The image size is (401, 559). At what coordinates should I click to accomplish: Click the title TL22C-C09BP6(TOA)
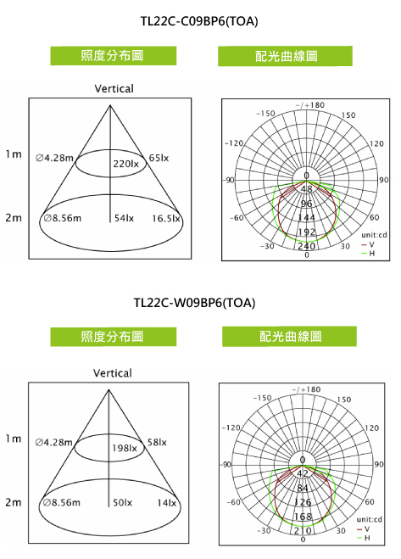(x=199, y=22)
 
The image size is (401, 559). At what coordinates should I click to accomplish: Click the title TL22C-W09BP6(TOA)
(x=195, y=303)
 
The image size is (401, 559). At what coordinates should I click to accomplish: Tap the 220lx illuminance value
(x=125, y=164)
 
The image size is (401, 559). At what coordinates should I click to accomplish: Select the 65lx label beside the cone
(x=159, y=158)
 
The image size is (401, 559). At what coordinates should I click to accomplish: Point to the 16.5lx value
(x=166, y=218)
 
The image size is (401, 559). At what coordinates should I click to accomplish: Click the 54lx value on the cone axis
(x=124, y=218)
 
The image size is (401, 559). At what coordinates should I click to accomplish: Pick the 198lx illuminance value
(x=125, y=448)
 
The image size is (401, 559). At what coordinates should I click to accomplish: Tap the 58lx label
(x=157, y=443)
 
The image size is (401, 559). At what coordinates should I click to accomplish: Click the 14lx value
(x=167, y=503)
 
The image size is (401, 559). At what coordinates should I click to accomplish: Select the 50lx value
(x=123, y=503)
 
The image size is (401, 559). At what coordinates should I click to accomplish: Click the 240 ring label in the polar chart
(x=307, y=246)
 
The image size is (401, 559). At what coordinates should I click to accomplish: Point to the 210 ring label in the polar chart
(x=303, y=530)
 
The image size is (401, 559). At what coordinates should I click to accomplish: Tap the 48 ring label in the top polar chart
(x=307, y=189)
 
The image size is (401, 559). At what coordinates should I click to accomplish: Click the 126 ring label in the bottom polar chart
(x=303, y=502)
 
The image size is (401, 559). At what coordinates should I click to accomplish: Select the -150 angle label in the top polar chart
(x=265, y=114)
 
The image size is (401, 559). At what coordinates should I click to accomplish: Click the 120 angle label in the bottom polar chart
(x=372, y=428)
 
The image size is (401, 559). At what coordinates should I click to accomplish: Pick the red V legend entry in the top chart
(x=367, y=244)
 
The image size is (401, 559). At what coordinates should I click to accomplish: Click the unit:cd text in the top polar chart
(x=374, y=235)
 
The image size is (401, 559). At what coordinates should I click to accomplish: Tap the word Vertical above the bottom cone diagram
(x=113, y=373)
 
